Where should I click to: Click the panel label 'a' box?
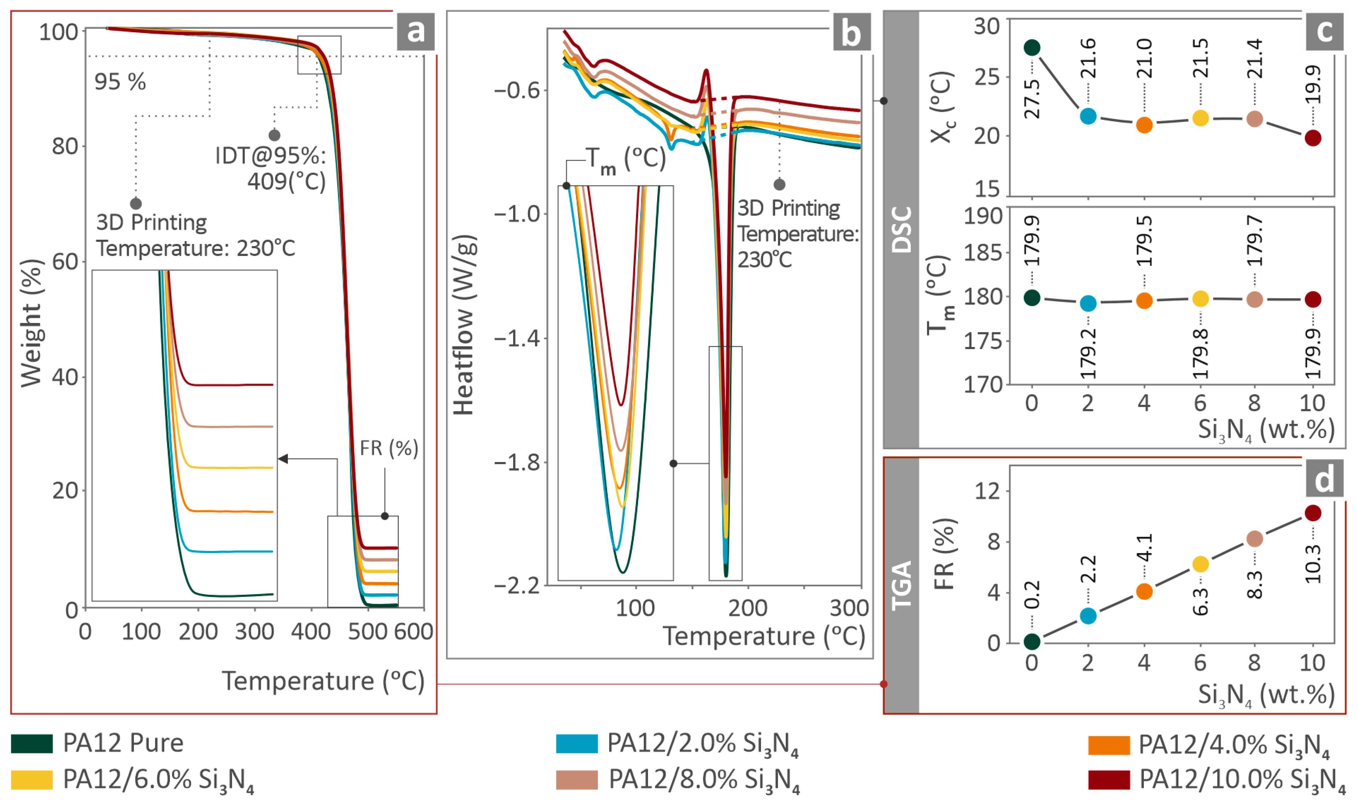click(x=415, y=32)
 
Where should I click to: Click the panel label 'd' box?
click(x=1324, y=479)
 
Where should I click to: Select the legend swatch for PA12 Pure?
click(x=32, y=744)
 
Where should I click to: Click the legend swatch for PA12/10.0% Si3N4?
click(x=1109, y=780)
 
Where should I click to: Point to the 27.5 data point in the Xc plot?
click(x=1032, y=47)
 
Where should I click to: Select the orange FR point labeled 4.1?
click(x=1144, y=591)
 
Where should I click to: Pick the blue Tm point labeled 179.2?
click(x=1087, y=303)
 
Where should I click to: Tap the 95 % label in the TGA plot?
click(x=120, y=82)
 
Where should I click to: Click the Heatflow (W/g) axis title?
click(x=464, y=325)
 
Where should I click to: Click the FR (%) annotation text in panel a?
click(x=389, y=448)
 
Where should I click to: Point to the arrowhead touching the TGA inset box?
click(x=283, y=459)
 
